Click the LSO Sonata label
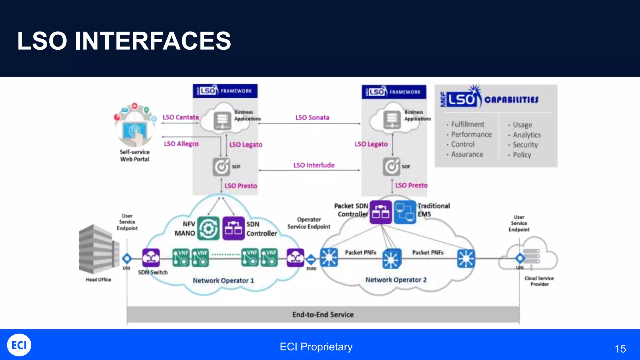[312, 117]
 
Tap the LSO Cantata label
[181, 117]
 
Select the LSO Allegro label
[181, 144]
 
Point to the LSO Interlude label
[314, 165]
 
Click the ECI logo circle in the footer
[19, 345]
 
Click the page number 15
[620, 349]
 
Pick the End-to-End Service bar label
[323, 315]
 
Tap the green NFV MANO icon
[208, 228]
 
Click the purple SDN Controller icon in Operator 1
[233, 228]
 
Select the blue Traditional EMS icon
[405, 212]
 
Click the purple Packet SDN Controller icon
[381, 212]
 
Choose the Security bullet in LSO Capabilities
[525, 145]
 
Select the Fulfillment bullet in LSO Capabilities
[467, 124]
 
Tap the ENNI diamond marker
[311, 259]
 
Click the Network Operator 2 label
[396, 280]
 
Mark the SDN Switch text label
[152, 272]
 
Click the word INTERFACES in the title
[153, 41]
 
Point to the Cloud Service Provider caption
[539, 281]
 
